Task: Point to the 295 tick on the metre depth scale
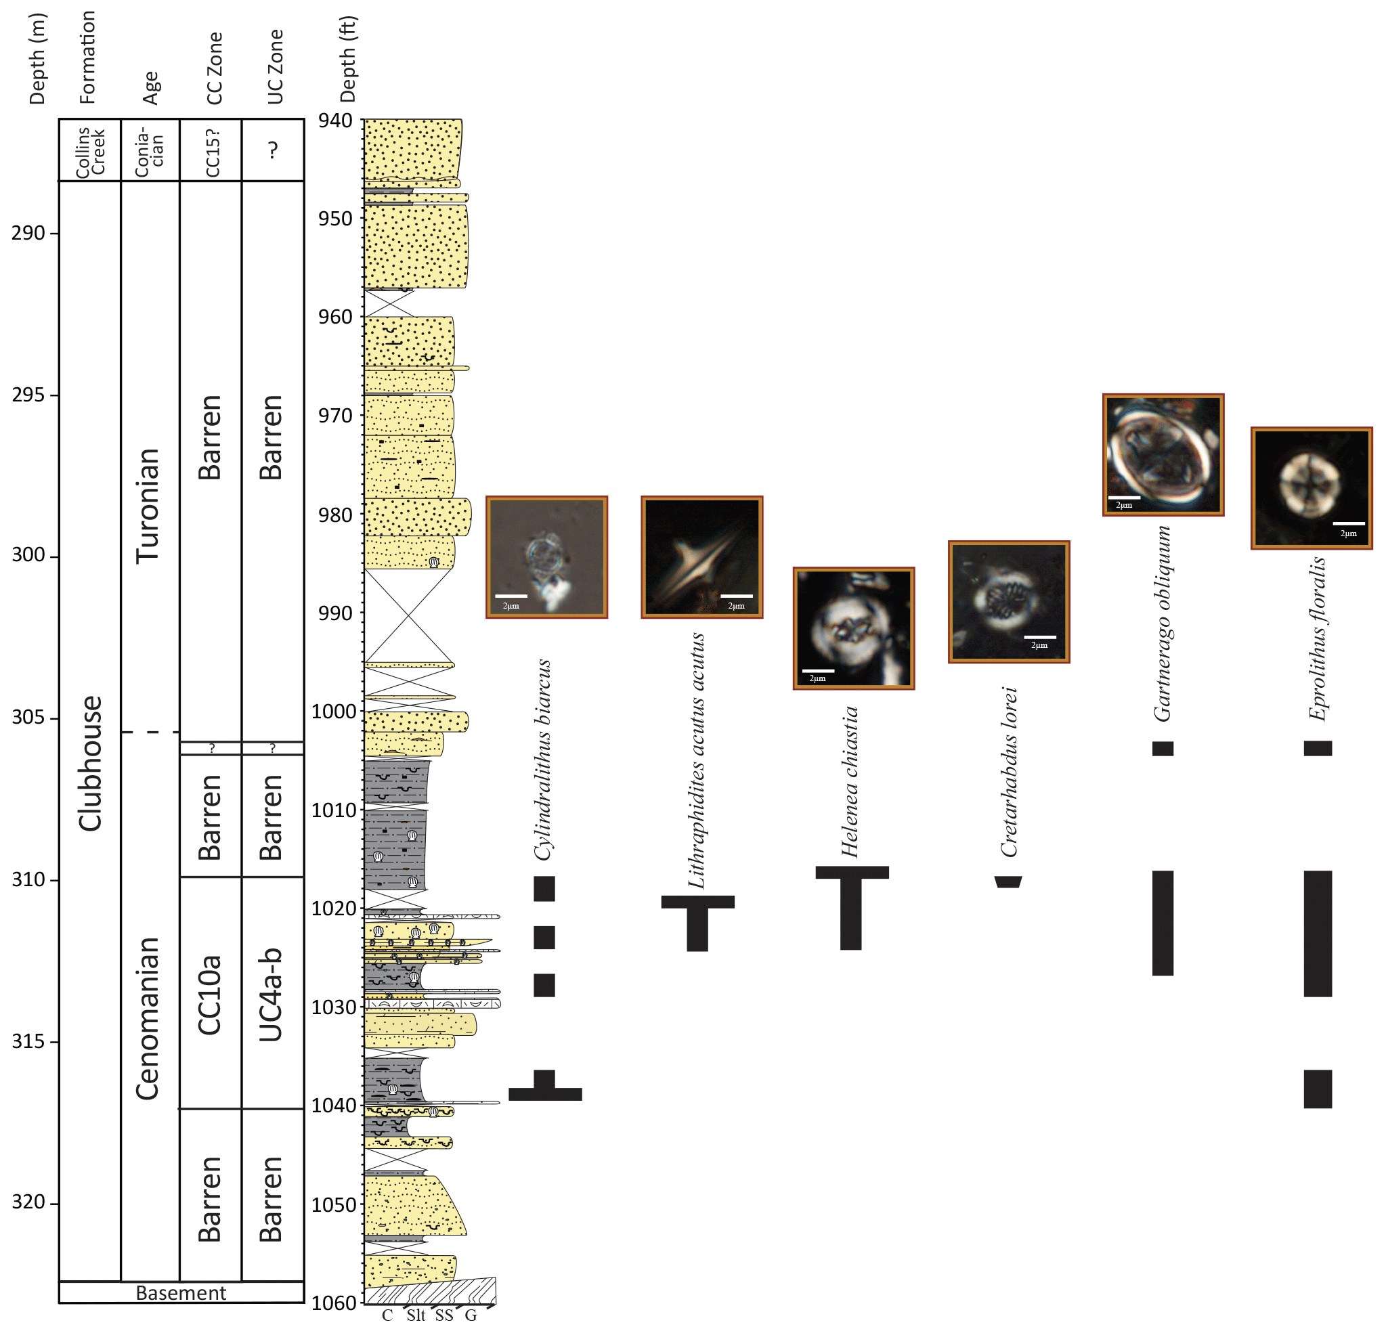pos(28,394)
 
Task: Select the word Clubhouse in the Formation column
pos(91,763)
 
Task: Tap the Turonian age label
pos(148,506)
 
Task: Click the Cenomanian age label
pos(148,1018)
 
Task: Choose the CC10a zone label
pos(210,995)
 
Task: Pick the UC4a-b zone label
pos(271,995)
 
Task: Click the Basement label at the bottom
pos(181,1292)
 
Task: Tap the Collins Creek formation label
pos(91,150)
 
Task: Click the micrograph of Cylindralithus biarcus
pos(546,557)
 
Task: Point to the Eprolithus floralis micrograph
pos(1312,488)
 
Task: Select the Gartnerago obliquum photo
pos(1163,455)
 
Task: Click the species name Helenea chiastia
pos(850,781)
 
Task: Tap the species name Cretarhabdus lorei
pos(1009,772)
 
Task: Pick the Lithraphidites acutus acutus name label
pos(697,760)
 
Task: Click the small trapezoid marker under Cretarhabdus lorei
pos(1008,882)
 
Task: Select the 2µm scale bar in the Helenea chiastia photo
pos(818,671)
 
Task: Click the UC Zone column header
pos(275,67)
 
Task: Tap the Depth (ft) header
pos(348,60)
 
